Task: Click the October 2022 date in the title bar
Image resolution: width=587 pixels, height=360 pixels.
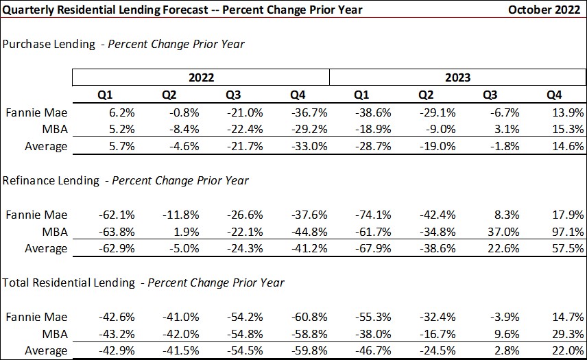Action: (x=543, y=10)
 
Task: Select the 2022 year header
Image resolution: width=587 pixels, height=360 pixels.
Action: (x=200, y=77)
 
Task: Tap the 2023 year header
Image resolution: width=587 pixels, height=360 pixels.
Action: (x=457, y=77)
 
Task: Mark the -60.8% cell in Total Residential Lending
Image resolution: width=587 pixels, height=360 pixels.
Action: (x=311, y=316)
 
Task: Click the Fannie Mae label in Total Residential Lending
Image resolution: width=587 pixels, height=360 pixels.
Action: (x=37, y=316)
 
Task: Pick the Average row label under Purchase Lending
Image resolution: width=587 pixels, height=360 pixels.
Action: (x=46, y=146)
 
